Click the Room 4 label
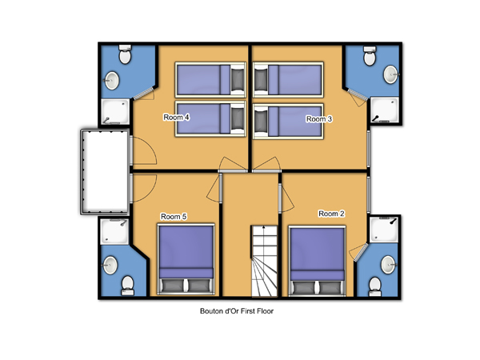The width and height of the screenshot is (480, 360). coord(176,118)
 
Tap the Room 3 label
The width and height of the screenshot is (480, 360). coord(319,118)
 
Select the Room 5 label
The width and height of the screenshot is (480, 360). coord(174,217)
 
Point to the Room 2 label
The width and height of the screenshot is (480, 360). coord(331,214)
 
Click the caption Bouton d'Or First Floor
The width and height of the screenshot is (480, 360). coord(237,311)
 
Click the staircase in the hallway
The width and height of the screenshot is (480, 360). coord(265,261)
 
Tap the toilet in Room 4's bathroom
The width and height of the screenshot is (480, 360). coord(125,54)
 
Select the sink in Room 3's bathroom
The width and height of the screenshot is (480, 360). coord(391,74)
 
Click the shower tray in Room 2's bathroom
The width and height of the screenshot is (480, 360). coord(384,230)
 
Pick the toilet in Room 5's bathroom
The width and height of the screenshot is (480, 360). coord(127,286)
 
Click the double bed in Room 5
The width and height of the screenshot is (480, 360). coord(186,259)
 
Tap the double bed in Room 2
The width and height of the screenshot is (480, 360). coord(317,261)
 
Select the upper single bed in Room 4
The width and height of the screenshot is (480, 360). coord(210,79)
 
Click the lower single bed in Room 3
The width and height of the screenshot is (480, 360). coord(288,122)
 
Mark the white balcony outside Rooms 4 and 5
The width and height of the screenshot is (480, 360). coord(105,172)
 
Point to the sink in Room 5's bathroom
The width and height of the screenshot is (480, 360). coord(110,265)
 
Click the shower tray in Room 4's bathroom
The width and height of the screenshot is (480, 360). coord(115,111)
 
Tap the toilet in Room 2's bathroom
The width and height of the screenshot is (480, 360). coord(375,287)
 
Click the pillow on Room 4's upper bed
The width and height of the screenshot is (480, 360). coord(238,79)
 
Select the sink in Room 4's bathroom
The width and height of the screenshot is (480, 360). coord(112,81)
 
